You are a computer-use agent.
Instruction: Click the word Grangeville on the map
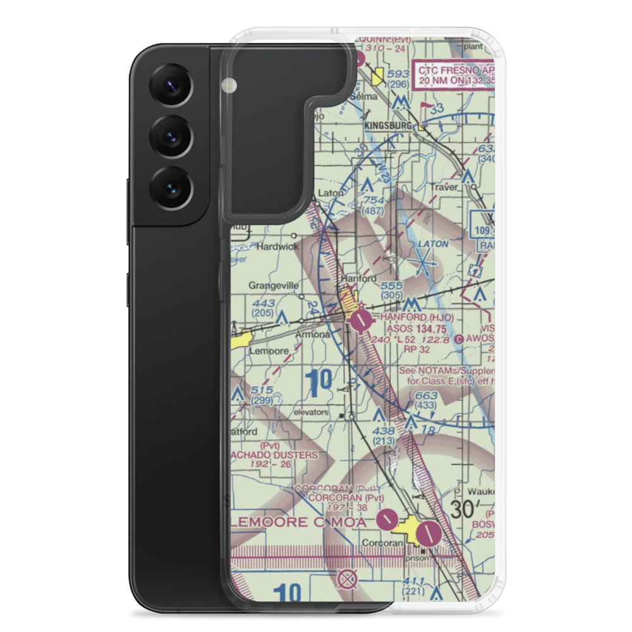click(x=273, y=286)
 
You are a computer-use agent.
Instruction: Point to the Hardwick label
click(x=276, y=246)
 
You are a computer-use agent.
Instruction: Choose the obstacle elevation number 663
click(x=426, y=396)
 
